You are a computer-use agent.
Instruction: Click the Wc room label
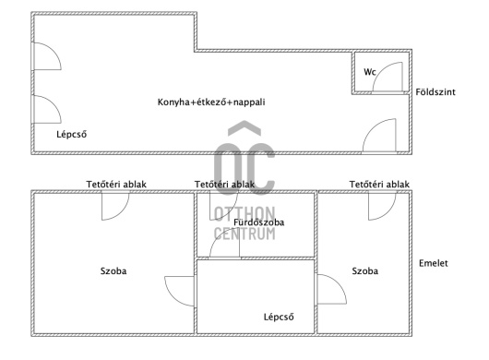point(370,72)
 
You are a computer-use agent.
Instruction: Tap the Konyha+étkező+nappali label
point(211,102)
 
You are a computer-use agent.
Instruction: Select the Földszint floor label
point(435,92)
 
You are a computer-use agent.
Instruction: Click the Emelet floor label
point(433,263)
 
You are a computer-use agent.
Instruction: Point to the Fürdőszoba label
point(259,222)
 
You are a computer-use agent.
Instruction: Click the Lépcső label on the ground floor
point(71,135)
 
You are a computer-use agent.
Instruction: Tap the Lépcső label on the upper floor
point(279,317)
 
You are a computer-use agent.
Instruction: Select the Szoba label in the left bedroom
point(113,270)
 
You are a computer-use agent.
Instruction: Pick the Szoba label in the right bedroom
point(364,270)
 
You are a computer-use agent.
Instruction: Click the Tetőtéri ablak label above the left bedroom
point(116,185)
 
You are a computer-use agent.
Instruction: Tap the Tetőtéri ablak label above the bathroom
point(224,185)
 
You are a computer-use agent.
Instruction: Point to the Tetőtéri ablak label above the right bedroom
point(379,185)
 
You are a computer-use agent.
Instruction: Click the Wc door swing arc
point(379,71)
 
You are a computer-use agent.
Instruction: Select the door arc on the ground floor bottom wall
point(371,128)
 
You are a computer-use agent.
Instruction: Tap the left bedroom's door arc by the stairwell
point(173,297)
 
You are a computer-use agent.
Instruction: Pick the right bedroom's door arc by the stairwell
point(339,282)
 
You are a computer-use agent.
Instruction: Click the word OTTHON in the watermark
point(244,213)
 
